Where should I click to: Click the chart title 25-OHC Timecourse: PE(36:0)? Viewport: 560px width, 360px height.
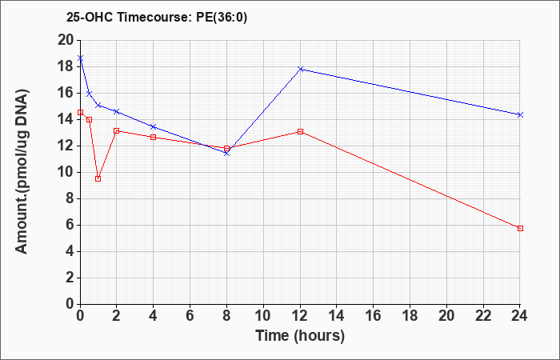pyautogui.click(x=157, y=17)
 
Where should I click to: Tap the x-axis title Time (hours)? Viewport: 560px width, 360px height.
pyautogui.click(x=300, y=336)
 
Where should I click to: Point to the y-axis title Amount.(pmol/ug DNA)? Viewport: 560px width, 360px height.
pyautogui.click(x=22, y=171)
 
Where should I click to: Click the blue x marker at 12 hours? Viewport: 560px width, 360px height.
pyautogui.click(x=300, y=69)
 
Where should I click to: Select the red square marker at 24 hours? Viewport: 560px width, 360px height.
pyautogui.click(x=520, y=228)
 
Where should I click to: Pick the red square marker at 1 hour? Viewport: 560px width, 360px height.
pyautogui.click(x=98, y=178)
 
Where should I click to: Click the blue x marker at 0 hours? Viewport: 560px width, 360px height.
pyautogui.click(x=80, y=58)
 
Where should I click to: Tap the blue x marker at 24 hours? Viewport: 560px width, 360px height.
pyautogui.click(x=520, y=114)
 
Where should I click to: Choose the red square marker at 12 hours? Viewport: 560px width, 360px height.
pyautogui.click(x=300, y=131)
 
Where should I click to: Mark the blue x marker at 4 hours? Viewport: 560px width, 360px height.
pyautogui.click(x=154, y=126)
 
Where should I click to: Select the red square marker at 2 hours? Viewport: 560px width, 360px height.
pyautogui.click(x=117, y=130)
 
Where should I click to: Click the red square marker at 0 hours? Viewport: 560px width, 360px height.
pyautogui.click(x=80, y=112)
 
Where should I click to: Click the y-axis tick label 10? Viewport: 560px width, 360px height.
pyautogui.click(x=66, y=173)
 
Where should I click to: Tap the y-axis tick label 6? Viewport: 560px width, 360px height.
pyautogui.click(x=70, y=226)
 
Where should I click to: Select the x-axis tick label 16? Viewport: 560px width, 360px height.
pyautogui.click(x=374, y=316)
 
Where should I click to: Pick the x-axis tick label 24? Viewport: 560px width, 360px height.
pyautogui.click(x=519, y=316)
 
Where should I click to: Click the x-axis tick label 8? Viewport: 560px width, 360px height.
pyautogui.click(x=226, y=316)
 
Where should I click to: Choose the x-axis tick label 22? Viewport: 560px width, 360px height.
pyautogui.click(x=483, y=316)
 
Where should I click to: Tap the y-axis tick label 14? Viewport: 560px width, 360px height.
pyautogui.click(x=66, y=120)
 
